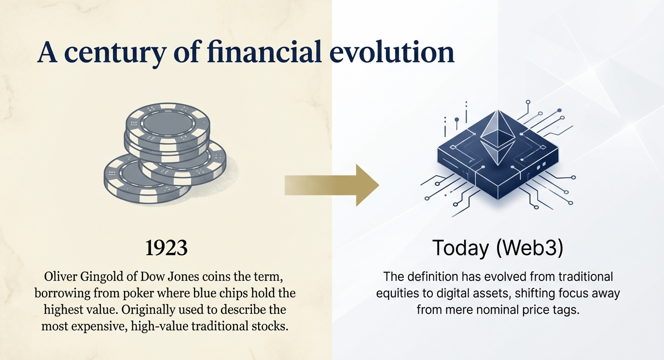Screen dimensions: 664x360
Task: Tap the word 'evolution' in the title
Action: tap(392, 52)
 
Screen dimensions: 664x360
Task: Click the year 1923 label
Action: tap(166, 248)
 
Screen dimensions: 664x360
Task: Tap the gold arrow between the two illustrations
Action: tap(332, 185)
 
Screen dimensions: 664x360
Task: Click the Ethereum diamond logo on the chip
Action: tap(498, 138)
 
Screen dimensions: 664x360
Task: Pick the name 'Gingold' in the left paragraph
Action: tap(102, 277)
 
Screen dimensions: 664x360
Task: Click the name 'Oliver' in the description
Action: tap(61, 277)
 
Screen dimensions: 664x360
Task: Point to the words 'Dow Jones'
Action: tap(169, 277)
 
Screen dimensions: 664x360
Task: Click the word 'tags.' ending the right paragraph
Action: tap(566, 310)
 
